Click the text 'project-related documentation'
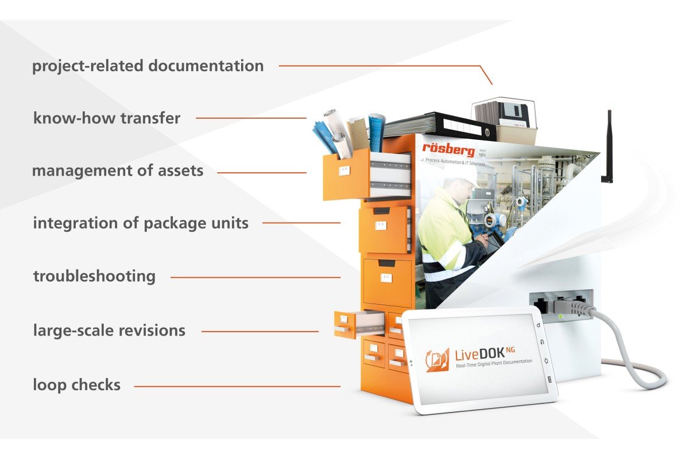(148, 66)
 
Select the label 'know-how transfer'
(106, 119)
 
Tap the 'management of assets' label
(118, 171)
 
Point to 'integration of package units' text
(141, 223)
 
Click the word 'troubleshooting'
(94, 276)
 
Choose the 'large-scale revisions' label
(109, 330)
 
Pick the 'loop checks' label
(76, 384)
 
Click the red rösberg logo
(448, 150)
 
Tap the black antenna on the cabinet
(608, 146)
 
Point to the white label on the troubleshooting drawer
(386, 278)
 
